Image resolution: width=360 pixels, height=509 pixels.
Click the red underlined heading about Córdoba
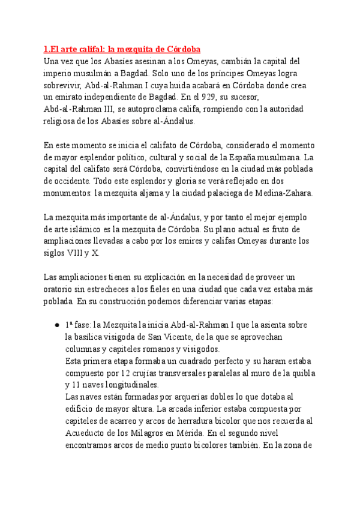122,49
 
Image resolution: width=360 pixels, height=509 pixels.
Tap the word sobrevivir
64,85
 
